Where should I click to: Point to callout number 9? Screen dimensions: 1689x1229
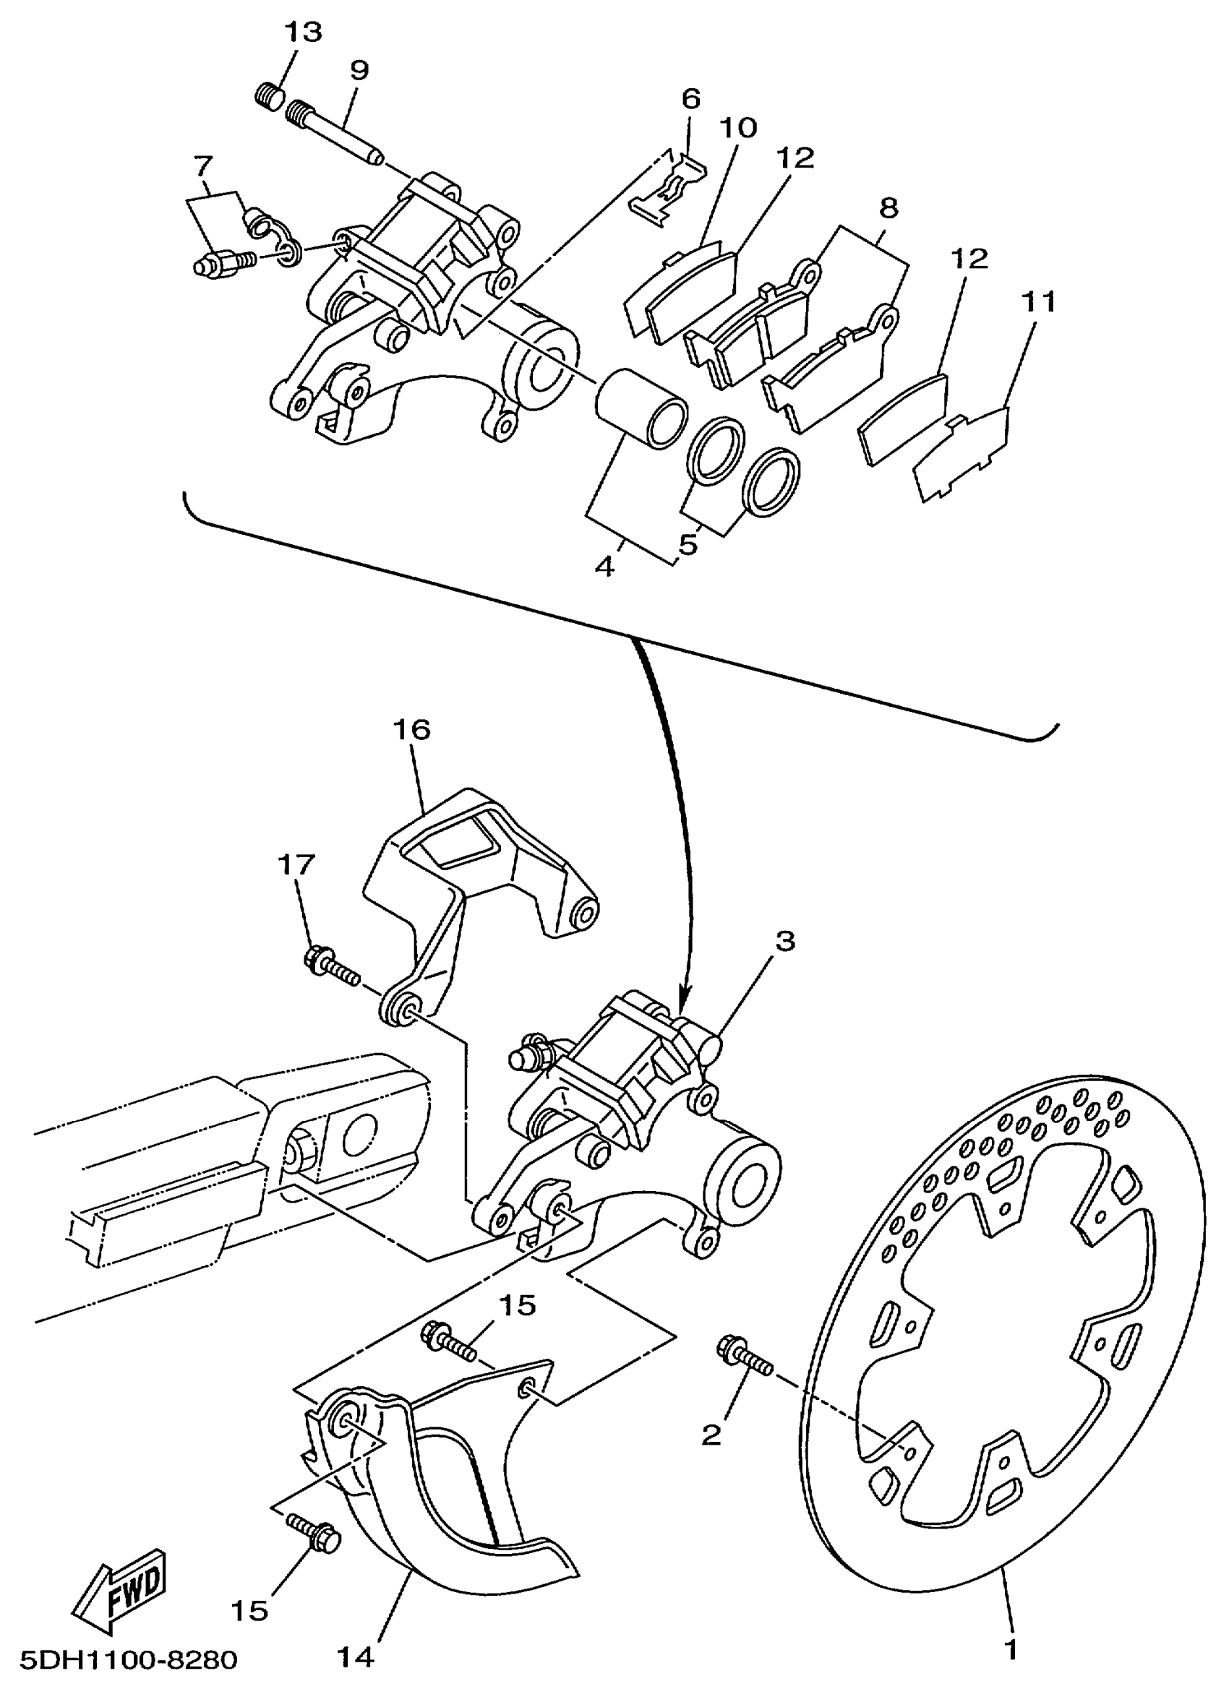(x=359, y=71)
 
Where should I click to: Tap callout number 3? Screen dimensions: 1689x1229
(x=784, y=940)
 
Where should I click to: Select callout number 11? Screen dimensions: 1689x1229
(x=1037, y=302)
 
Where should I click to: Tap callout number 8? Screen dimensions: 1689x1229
(x=888, y=207)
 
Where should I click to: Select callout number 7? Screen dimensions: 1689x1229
(x=202, y=164)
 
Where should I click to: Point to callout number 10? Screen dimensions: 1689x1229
(x=737, y=127)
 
